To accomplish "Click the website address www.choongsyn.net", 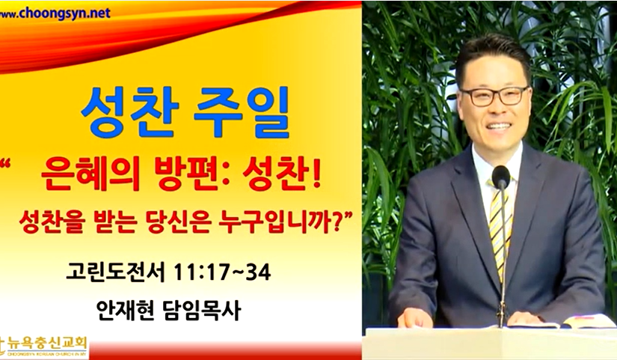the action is coord(55,13).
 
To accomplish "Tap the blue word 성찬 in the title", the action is coord(130,112).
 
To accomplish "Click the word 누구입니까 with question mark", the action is coord(282,222).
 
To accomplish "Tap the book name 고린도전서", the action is coord(115,272).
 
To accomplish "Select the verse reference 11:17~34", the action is coord(222,272).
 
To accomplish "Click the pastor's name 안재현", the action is coord(126,311).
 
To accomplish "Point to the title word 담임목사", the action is coord(201,311).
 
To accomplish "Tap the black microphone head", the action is coord(501,177).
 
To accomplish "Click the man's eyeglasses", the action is coord(495,96).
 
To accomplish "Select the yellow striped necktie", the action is coord(499,228).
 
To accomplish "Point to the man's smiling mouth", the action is coord(500,126).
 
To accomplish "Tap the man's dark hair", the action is coord(492,55).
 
